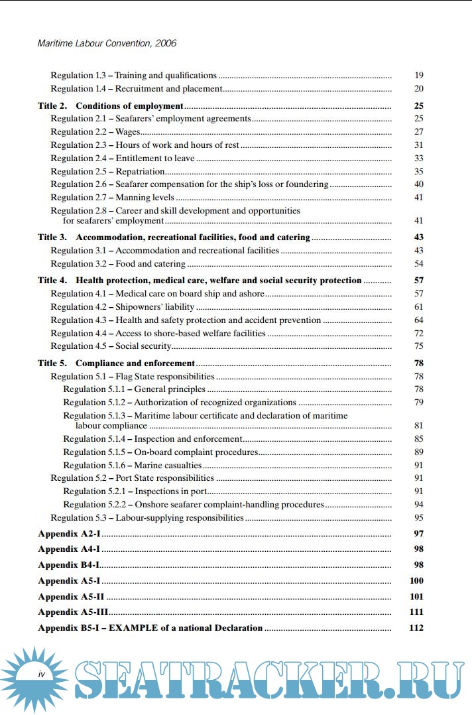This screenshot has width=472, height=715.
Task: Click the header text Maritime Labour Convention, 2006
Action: pyautogui.click(x=107, y=44)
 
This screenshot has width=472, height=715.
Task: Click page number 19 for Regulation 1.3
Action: pyautogui.click(x=418, y=76)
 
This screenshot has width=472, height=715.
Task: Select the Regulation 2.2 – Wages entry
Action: pyautogui.click(x=95, y=132)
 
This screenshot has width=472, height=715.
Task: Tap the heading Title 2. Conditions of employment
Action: pyautogui.click(x=110, y=105)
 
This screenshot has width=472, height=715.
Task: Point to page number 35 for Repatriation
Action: pyautogui.click(x=418, y=171)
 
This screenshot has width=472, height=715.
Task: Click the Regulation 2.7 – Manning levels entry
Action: pyautogui.click(x=113, y=197)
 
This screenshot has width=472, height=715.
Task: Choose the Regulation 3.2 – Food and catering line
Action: pyautogui.click(x=118, y=264)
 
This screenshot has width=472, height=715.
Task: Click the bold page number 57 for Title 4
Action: pyautogui.click(x=418, y=281)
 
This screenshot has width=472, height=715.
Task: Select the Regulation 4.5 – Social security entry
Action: pyautogui.click(x=111, y=346)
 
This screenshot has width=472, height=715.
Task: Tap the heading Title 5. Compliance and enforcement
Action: pyautogui.click(x=116, y=363)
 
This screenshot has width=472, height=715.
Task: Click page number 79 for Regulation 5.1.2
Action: pyautogui.click(x=418, y=403)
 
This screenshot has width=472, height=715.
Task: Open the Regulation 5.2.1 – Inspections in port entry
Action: pyautogui.click(x=136, y=491)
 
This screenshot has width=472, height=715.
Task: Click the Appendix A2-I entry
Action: pyautogui.click(x=68, y=534)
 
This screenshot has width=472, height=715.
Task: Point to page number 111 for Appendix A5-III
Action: pyautogui.click(x=417, y=612)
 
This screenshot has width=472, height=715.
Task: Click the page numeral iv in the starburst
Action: pyautogui.click(x=41, y=674)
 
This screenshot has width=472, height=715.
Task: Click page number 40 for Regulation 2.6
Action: pyautogui.click(x=418, y=184)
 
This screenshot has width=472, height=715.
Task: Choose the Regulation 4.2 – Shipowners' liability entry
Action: pyautogui.click(x=123, y=307)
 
